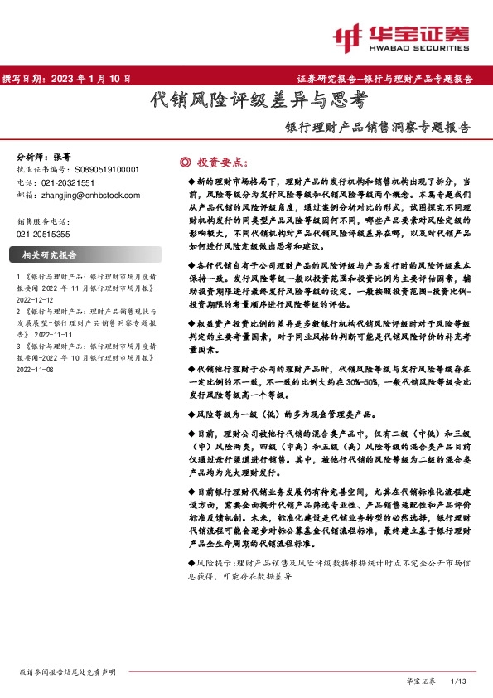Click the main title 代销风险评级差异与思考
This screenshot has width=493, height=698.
257,101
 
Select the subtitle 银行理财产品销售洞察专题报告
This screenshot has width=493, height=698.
378,128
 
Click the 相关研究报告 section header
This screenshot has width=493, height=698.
50,254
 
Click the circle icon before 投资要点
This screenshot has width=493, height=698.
185,161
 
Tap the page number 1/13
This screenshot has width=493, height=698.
458,681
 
